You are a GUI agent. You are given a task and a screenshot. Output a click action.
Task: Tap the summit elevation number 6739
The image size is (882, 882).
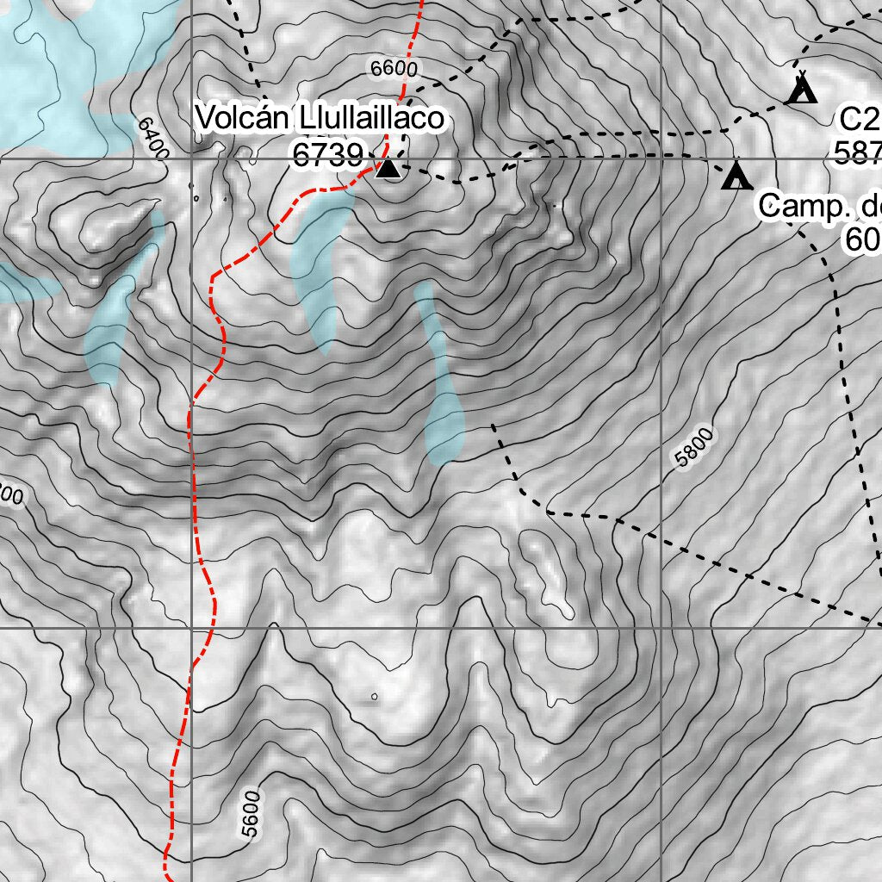tap(327, 156)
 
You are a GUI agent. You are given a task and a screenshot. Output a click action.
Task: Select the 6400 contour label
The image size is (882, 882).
tap(152, 136)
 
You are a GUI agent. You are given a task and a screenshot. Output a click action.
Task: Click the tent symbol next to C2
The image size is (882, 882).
tap(802, 89)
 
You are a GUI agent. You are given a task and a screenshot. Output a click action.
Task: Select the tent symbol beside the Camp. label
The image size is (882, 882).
tap(736, 176)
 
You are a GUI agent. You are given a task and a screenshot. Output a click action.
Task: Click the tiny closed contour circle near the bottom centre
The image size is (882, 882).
tap(374, 696)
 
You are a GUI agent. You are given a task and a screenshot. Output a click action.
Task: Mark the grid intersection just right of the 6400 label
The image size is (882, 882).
tap(191, 159)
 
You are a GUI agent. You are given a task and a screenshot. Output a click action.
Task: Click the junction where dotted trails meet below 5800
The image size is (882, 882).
tap(617, 519)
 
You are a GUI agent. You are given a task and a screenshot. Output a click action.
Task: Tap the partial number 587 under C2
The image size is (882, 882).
tap(857, 153)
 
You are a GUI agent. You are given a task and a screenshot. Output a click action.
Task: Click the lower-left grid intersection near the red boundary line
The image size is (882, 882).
tap(191, 629)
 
